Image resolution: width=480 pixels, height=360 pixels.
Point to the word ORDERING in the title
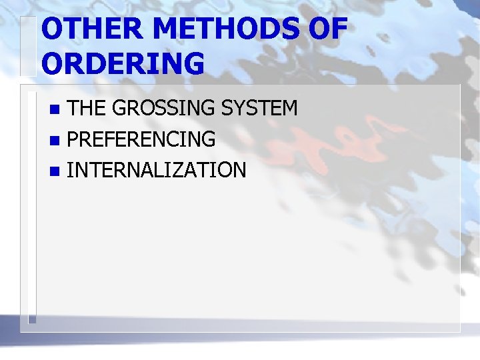tap(123, 63)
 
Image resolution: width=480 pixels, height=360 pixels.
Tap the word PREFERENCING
tap(141, 139)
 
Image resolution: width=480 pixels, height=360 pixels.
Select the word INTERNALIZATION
tap(157, 170)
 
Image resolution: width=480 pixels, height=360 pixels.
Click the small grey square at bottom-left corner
tap(31, 319)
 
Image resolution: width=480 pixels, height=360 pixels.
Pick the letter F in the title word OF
tap(338, 29)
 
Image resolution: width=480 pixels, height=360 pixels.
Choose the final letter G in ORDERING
tap(193, 63)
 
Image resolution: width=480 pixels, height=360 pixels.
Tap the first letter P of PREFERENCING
tap(73, 139)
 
